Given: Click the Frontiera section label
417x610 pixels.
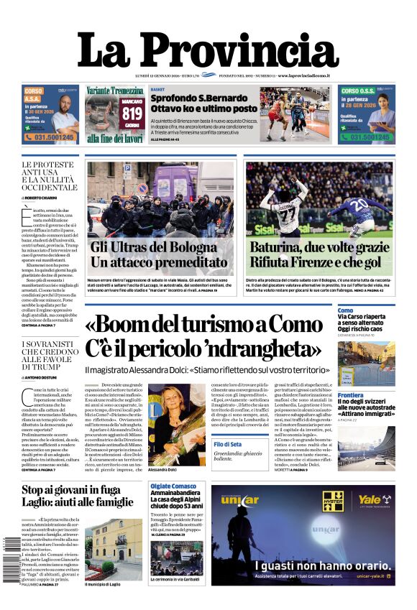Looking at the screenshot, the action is pos(350,395).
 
